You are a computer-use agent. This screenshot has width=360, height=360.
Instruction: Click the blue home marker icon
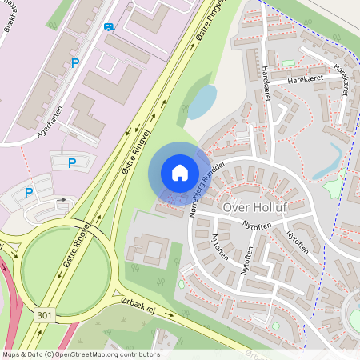[x=180, y=172]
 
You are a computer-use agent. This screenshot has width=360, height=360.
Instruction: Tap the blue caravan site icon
[x=109, y=26]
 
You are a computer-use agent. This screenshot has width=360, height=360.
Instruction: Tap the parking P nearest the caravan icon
[x=76, y=63]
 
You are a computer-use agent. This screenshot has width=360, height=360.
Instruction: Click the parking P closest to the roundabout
[x=29, y=193]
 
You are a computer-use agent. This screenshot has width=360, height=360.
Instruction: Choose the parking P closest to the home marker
[x=71, y=163]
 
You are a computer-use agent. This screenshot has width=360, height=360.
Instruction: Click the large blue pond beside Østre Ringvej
[x=202, y=102]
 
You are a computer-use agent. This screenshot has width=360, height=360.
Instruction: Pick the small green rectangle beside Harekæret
[x=288, y=63]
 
